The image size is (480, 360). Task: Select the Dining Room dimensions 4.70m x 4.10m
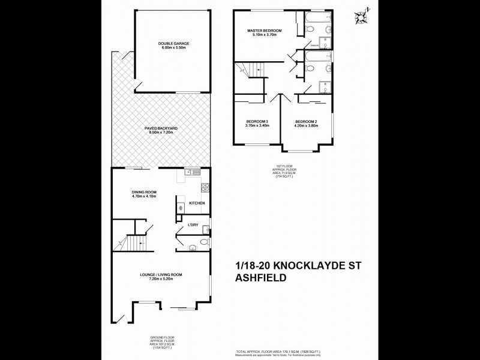[144, 196]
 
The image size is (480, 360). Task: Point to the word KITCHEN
[197, 203]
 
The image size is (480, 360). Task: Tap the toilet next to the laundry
[203, 242]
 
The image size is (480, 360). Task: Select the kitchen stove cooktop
[204, 187]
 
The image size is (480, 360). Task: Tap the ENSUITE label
[313, 44]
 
